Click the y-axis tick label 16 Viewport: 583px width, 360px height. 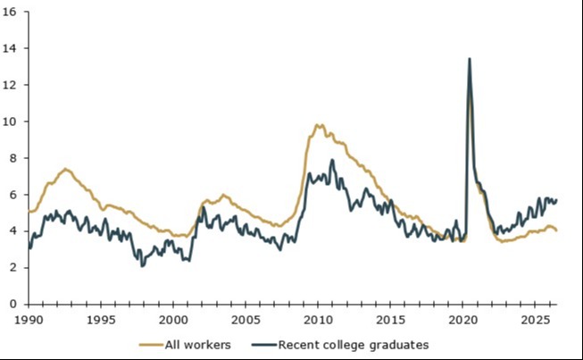click(x=9, y=12)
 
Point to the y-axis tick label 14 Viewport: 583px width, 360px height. click(x=9, y=48)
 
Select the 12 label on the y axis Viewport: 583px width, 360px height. click(x=9, y=85)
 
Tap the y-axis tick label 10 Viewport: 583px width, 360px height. click(x=9, y=121)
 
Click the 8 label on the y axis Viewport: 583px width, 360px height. click(x=13, y=158)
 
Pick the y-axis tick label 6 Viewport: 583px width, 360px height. click(x=13, y=195)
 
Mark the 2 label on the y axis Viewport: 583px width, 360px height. click(x=13, y=268)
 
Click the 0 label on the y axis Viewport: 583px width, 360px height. click(x=13, y=304)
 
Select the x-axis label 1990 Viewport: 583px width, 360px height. click(x=29, y=320)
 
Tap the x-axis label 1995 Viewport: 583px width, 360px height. click(x=101, y=320)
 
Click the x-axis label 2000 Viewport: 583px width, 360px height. click(x=173, y=320)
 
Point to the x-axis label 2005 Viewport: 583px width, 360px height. click(x=246, y=320)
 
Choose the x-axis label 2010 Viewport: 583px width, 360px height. click(x=318, y=320)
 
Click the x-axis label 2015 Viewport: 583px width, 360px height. click(x=390, y=320)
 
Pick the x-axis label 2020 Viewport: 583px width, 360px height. click(x=462, y=320)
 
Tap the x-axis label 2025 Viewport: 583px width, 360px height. click(x=535, y=320)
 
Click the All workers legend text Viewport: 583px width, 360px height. click(x=198, y=345)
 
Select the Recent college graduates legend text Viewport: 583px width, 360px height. click(x=354, y=345)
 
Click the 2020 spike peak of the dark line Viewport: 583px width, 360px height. click(x=470, y=58)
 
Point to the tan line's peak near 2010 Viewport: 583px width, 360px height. click(x=319, y=125)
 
